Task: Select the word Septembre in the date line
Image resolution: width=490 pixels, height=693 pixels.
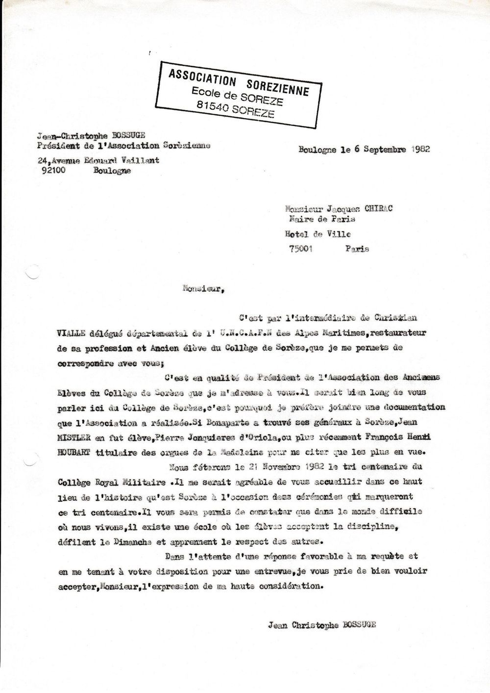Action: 383,150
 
